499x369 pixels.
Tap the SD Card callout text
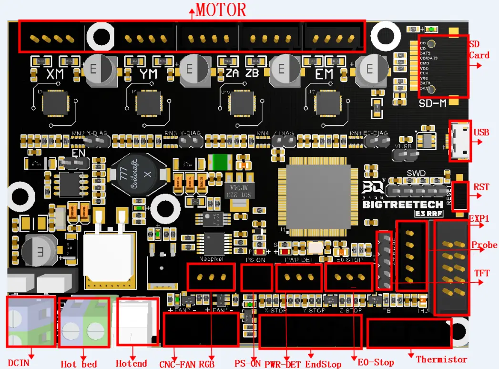(x=479, y=50)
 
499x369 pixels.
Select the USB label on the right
(x=481, y=132)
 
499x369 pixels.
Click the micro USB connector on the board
(x=460, y=141)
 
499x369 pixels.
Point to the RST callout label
(x=481, y=187)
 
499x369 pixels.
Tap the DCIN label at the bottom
(x=19, y=363)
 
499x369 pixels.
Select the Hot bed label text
(x=79, y=364)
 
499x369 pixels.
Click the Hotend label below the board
(x=132, y=363)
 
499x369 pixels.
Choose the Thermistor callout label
(x=441, y=359)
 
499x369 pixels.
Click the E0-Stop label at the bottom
(x=377, y=362)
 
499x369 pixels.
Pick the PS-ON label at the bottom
(x=247, y=363)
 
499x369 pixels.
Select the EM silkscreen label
(x=325, y=75)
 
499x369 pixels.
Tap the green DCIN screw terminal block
(x=31, y=322)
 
